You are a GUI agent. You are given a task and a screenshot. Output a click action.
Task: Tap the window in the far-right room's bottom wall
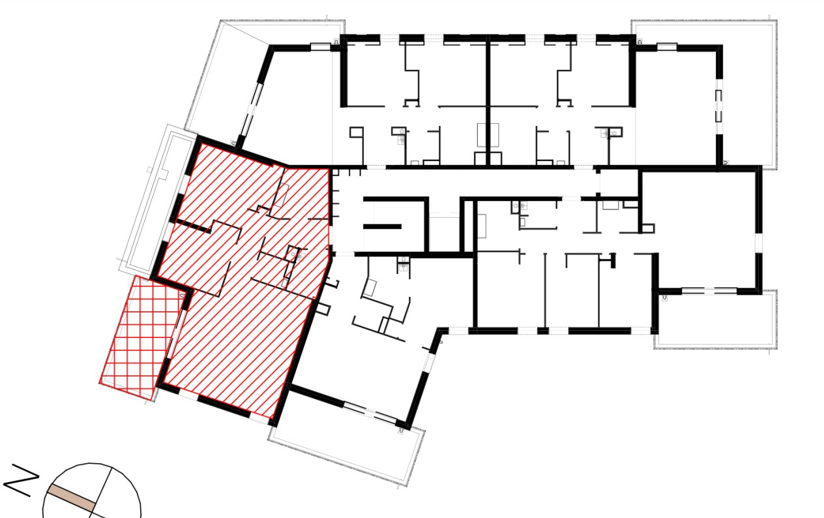click(x=707, y=290)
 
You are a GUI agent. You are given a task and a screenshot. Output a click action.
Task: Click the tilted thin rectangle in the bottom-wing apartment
click(x=371, y=287)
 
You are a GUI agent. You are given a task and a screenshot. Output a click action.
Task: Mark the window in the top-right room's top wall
click(x=666, y=46)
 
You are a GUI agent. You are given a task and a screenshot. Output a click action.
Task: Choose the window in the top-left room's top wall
click(x=320, y=46)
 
